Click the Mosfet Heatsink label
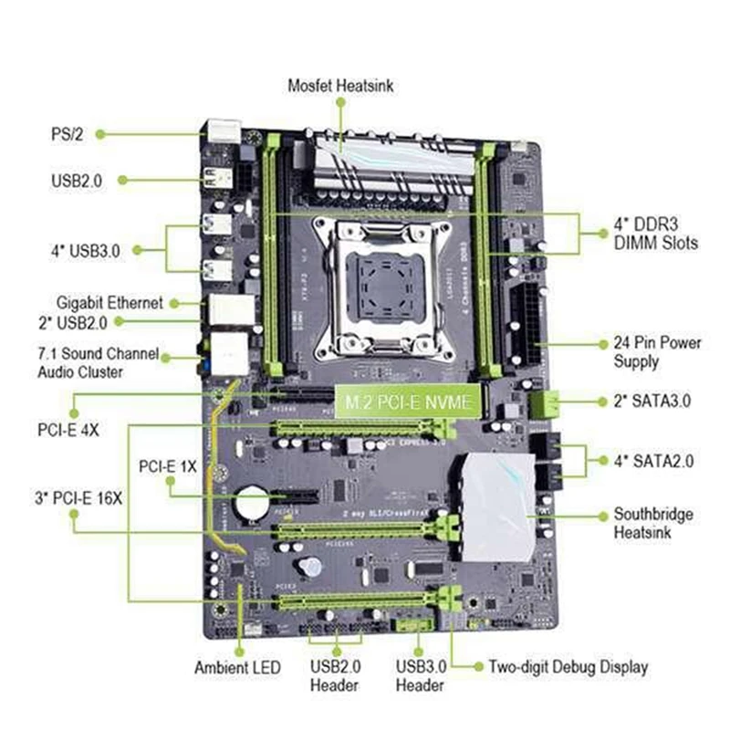point(340,85)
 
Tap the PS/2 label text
point(67,133)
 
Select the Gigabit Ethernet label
point(109,302)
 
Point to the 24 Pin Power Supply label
point(655,352)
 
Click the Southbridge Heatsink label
point(652,522)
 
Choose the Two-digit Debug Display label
point(568,667)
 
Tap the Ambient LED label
point(237,668)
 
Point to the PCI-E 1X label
point(168,465)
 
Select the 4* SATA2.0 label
point(653,461)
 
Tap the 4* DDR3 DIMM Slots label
point(655,234)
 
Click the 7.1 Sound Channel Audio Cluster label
point(98,361)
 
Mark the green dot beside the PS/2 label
point(99,133)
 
